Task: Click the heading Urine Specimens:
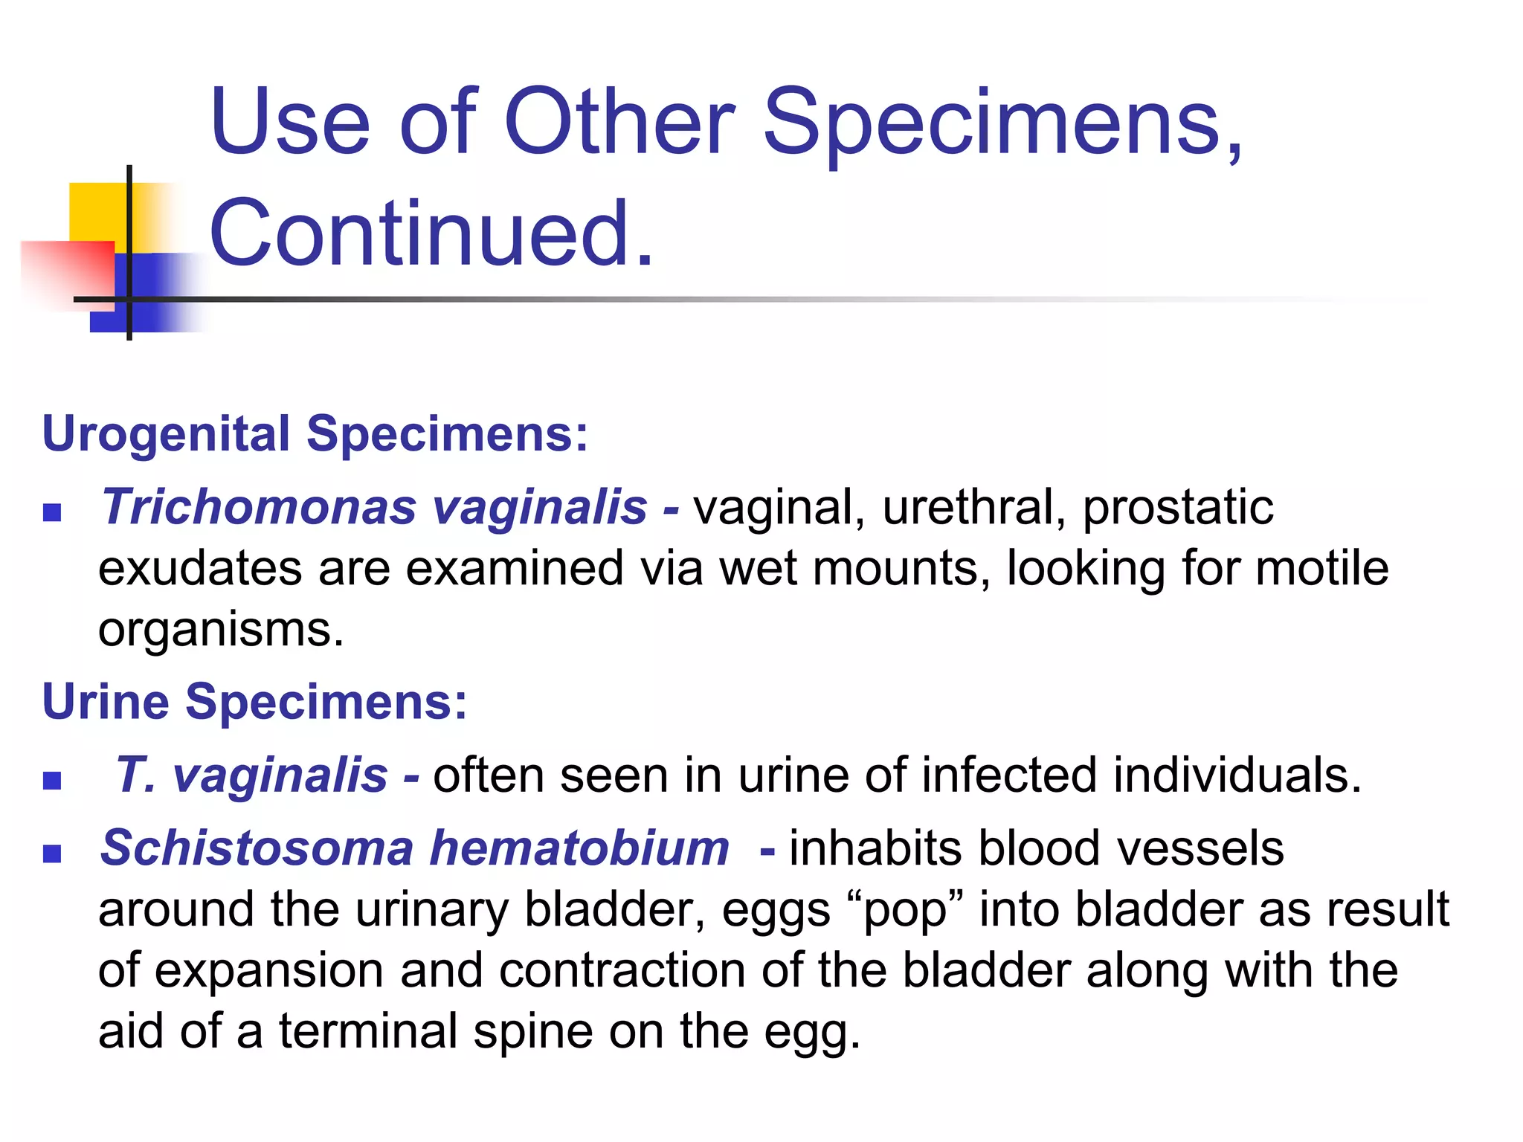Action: tap(254, 701)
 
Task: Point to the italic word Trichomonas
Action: tap(258, 508)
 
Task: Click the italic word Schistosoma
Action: tap(257, 848)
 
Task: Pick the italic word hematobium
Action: tap(579, 848)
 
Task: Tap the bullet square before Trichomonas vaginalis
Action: tap(52, 513)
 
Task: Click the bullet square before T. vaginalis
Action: tap(52, 781)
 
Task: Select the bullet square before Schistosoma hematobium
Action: tap(52, 854)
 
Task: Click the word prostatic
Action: tap(1177, 509)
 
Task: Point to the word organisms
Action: tap(220, 630)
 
